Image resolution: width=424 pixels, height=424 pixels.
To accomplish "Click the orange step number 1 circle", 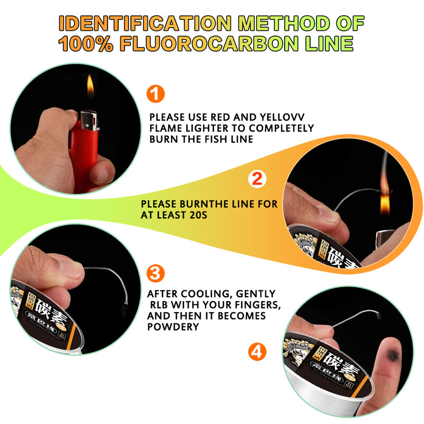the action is (x=155, y=94).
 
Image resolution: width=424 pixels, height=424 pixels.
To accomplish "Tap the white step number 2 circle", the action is (x=257, y=179).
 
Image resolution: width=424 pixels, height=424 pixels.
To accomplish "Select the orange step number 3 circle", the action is (x=155, y=273).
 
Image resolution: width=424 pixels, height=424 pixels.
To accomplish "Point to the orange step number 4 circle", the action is (x=257, y=352).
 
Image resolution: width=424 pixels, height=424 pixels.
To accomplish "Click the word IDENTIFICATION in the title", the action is (x=145, y=23).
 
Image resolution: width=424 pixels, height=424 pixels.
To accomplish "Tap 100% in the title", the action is (x=85, y=43).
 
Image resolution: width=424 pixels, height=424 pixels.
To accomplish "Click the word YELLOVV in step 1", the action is (x=282, y=117).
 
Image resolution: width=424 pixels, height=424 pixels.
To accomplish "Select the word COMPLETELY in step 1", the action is (x=281, y=128).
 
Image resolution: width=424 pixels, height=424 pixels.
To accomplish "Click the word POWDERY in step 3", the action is (x=173, y=326).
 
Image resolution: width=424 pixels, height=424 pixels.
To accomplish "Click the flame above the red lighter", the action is (x=90, y=87).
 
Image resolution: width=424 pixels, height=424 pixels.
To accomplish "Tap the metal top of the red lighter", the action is (x=89, y=120).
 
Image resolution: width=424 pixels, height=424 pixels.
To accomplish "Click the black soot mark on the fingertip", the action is (x=393, y=354).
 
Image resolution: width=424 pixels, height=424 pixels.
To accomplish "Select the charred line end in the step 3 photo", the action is (x=125, y=308).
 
